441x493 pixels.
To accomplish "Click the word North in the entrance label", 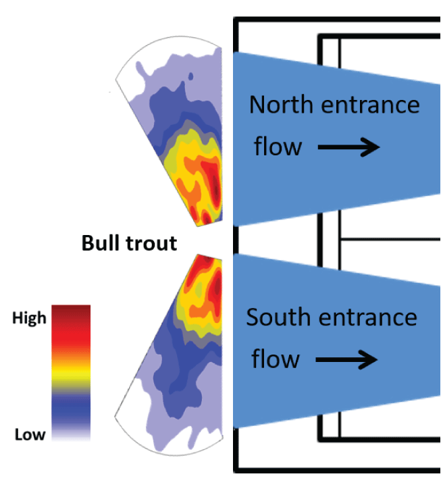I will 281,105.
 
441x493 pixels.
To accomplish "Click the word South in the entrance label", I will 279,317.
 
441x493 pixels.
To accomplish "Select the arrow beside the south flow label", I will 346,359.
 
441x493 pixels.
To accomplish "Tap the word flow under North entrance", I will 277,147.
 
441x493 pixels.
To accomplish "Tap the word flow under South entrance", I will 275,359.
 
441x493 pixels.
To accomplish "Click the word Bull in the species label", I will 99,243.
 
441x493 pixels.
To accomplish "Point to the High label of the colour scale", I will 29,317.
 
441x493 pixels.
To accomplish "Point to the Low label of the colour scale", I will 30,434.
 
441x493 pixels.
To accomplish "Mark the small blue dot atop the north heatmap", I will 191,76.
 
